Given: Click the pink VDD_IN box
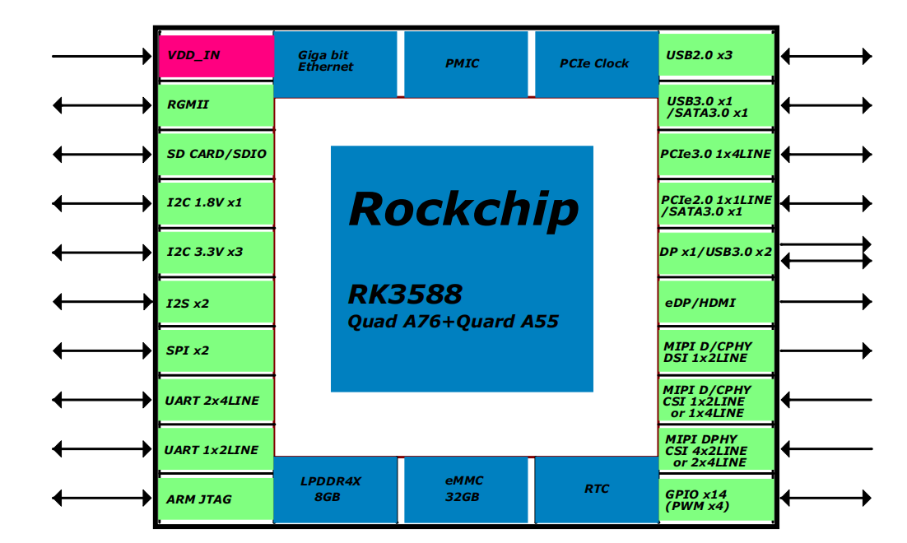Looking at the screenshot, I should [216, 56].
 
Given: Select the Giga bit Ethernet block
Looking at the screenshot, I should [335, 63].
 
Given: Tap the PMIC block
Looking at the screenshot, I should [462, 63].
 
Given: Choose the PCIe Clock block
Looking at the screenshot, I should [595, 63].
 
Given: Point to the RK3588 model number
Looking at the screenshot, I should [405, 294].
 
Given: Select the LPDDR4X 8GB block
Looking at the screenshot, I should [334, 490].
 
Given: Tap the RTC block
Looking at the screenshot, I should [596, 490].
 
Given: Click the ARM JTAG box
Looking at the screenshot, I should [216, 499].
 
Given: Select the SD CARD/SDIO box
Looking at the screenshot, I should [216, 154].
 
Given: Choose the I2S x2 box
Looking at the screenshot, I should [216, 303].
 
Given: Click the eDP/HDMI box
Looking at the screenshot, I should [716, 303].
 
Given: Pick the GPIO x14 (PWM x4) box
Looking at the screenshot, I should [716, 499].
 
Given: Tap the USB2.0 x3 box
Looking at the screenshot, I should [716, 56].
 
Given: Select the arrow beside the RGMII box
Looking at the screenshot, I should [102, 105].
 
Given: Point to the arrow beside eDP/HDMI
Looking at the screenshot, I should [825, 302].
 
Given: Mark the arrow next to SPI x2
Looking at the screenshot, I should [102, 350].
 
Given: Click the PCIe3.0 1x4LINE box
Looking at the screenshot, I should [716, 154].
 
